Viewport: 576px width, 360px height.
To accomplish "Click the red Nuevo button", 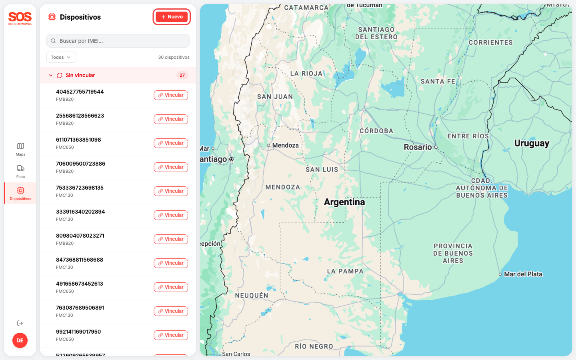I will [172, 17].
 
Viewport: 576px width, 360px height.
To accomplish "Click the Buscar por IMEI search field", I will [118, 41].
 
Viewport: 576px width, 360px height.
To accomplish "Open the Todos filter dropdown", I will [61, 57].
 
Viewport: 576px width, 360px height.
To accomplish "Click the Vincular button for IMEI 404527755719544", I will [171, 95].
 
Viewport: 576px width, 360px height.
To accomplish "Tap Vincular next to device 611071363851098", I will [171, 143].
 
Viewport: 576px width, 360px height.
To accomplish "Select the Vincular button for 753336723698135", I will [171, 191].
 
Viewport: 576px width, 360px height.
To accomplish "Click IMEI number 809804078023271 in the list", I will [80, 236].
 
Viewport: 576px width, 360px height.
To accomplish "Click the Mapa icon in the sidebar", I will [20, 146].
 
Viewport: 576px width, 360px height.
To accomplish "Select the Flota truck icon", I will [20, 168].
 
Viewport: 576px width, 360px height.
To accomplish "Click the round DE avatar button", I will [20, 340].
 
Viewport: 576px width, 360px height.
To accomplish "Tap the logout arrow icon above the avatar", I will [20, 323].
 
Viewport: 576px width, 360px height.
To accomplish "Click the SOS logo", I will [20, 18].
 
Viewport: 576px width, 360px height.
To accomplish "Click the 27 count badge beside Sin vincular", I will [182, 75].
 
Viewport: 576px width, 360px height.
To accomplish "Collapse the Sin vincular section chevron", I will [51, 75].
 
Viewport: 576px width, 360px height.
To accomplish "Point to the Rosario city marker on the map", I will [436, 147].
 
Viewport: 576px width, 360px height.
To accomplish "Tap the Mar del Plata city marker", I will [500, 274].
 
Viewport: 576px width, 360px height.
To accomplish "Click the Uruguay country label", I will [532, 143].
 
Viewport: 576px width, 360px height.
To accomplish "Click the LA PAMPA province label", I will [345, 271].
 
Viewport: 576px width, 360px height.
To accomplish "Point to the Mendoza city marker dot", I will [269, 146].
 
